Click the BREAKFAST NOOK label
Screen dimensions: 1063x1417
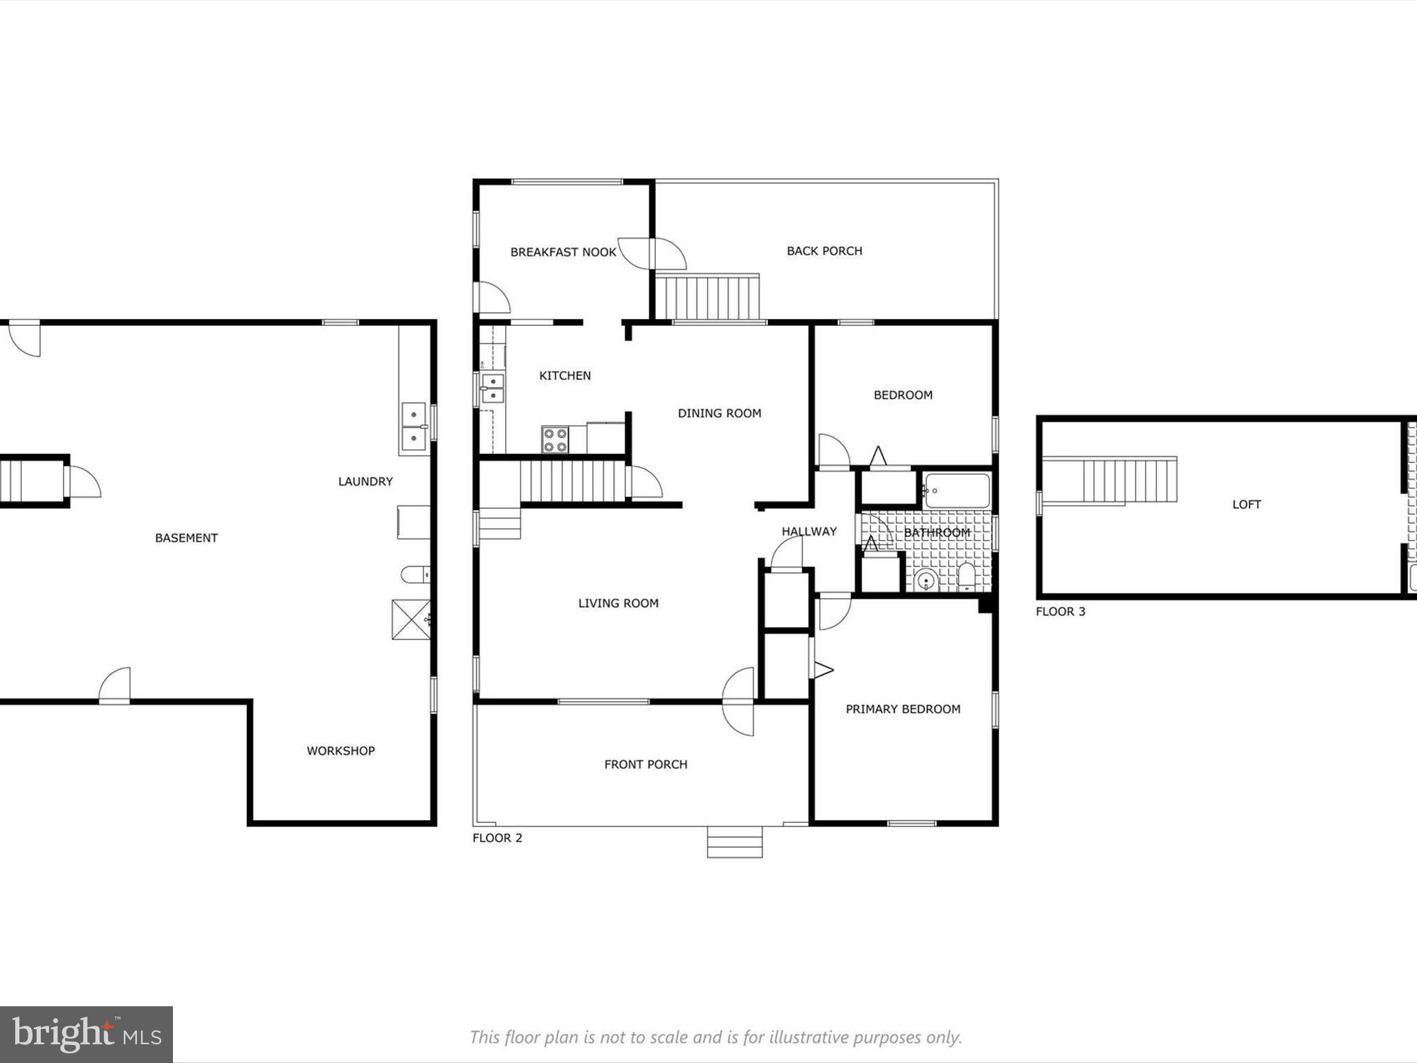(563, 252)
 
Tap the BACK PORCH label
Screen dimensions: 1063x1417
(824, 251)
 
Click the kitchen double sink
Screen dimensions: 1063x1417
(493, 388)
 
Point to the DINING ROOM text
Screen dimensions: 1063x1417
(719, 413)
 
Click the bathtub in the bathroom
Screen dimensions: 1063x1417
(957, 491)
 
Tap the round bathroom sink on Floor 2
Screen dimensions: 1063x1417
(924, 580)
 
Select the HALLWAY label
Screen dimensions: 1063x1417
(809, 531)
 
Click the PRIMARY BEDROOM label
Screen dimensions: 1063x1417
(902, 709)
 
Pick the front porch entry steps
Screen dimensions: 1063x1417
(734, 842)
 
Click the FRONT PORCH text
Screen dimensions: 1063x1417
(645, 764)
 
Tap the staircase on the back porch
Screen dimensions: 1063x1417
(707, 297)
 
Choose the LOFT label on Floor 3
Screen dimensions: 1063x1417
(1246, 505)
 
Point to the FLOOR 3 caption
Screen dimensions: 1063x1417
(1060, 611)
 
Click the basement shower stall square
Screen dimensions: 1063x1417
(411, 619)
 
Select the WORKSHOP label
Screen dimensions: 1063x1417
(340, 750)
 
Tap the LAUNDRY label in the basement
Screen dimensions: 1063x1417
(365, 481)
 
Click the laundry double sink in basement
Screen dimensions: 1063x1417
(414, 427)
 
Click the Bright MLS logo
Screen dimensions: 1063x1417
(86, 1034)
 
